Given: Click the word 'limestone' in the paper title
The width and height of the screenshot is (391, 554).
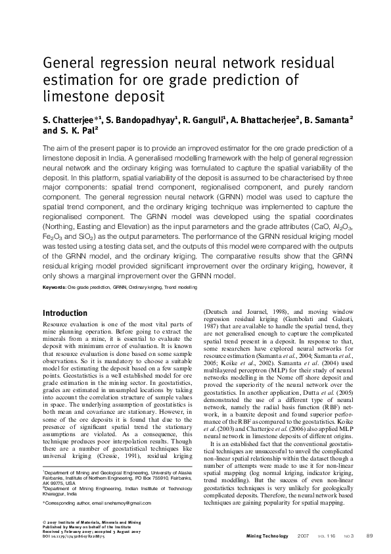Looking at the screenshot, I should (x=74, y=97).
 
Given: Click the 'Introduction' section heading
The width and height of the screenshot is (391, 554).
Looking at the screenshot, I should (x=64, y=313).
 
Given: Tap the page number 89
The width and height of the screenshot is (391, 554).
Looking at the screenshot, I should (x=369, y=536).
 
